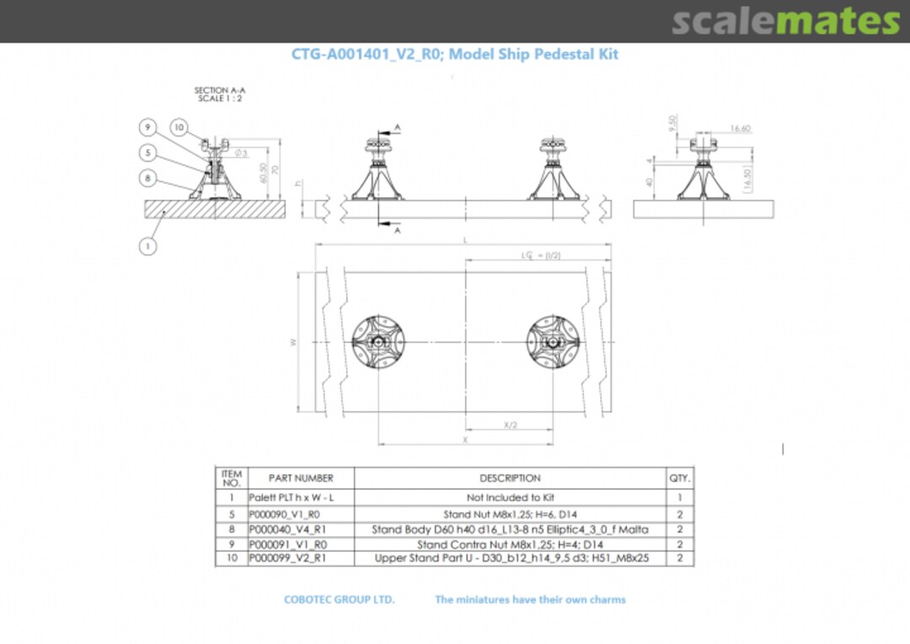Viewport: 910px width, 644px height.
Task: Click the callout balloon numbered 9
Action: [147, 127]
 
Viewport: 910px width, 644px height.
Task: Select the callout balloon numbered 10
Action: [179, 127]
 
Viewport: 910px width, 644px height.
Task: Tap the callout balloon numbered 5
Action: [147, 153]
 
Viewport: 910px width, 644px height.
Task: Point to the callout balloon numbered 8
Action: [147, 178]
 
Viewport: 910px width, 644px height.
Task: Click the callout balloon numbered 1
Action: [147, 246]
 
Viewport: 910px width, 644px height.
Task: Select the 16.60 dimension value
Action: [740, 129]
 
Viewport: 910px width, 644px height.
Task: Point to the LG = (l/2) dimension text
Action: [540, 255]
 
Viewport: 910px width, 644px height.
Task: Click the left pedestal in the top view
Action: [378, 342]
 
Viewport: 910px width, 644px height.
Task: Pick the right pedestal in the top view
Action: [553, 342]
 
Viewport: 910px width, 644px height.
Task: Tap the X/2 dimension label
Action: [510, 426]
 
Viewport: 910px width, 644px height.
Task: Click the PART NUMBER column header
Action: [301, 478]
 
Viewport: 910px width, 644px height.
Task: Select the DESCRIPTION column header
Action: [510, 478]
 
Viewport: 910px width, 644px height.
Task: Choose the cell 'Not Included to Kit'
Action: [510, 497]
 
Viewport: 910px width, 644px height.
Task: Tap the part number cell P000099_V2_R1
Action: [285, 558]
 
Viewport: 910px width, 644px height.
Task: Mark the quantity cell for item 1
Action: [679, 497]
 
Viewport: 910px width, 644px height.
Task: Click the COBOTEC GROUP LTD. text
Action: [339, 599]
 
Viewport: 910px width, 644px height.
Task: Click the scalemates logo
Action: [785, 22]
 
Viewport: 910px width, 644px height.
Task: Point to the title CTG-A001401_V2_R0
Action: [367, 54]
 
